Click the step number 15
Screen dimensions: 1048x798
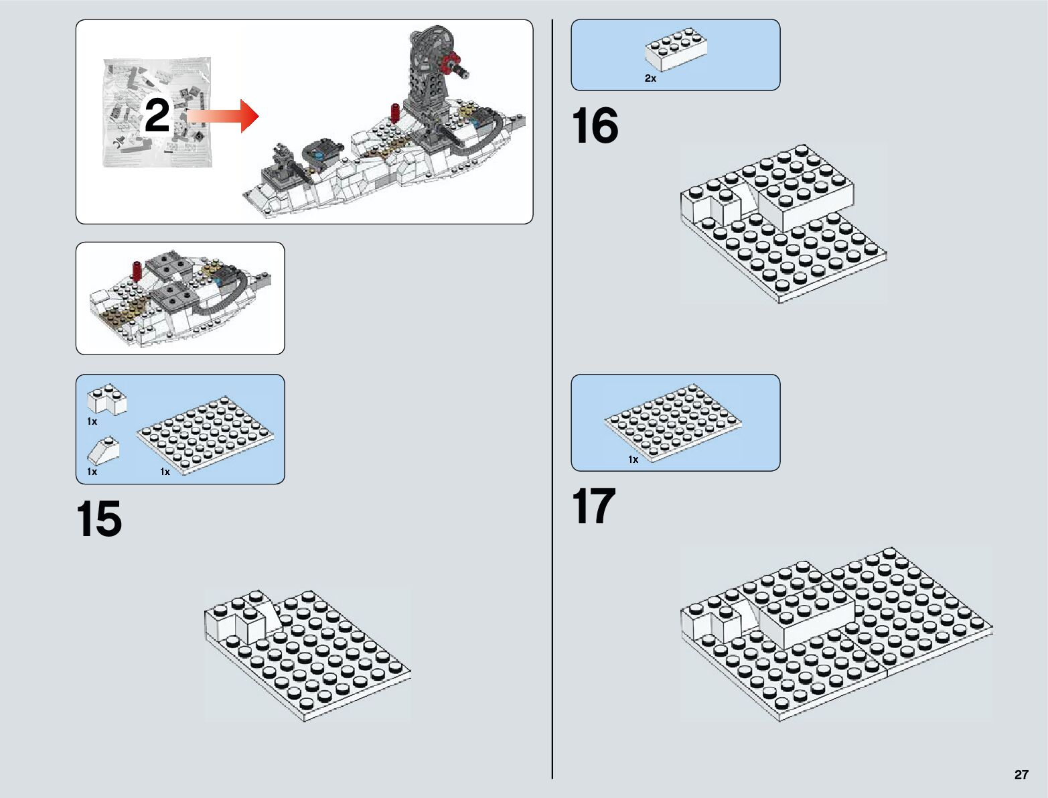coord(99,519)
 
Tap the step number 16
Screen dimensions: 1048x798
coord(595,126)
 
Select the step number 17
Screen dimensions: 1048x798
coord(593,507)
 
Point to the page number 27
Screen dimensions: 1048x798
coord(1021,775)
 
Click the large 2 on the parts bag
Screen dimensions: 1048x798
coord(157,115)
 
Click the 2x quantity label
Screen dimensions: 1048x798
coord(650,78)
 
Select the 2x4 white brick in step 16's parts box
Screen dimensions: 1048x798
coord(676,50)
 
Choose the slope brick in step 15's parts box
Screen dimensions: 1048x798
coord(104,450)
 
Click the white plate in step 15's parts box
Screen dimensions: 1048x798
coord(206,436)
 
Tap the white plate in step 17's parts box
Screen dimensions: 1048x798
coord(673,422)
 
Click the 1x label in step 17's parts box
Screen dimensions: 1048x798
coord(633,460)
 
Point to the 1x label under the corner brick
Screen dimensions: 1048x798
coord(92,421)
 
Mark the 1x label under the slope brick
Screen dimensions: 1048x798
coord(92,472)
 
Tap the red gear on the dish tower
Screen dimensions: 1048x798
coord(450,64)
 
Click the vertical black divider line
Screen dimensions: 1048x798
coord(552,402)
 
